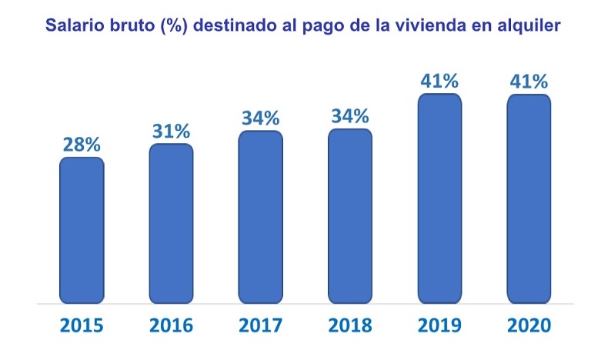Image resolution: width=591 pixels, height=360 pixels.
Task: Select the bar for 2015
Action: pos(82,230)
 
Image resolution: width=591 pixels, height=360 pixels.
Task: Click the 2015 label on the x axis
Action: pos(82,325)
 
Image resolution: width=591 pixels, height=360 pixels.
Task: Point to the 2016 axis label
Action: pos(171,325)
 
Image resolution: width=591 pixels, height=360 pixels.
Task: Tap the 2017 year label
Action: pos(260,325)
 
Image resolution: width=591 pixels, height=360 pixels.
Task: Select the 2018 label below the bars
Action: pos(350,325)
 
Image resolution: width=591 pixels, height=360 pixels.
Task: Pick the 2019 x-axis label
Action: pos(439,325)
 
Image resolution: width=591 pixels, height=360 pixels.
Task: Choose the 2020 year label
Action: pos(529,325)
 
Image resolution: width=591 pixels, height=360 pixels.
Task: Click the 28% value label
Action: pos(82,144)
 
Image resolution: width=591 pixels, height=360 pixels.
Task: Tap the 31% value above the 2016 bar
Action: pos(171,131)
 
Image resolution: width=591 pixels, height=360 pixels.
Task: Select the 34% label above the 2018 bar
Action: pos(350,116)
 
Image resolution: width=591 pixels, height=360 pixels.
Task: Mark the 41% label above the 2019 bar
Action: pos(439,81)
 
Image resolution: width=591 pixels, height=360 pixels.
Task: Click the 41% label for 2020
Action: pos(529,81)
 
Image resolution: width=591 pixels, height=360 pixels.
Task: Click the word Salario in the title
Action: pos(75,25)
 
